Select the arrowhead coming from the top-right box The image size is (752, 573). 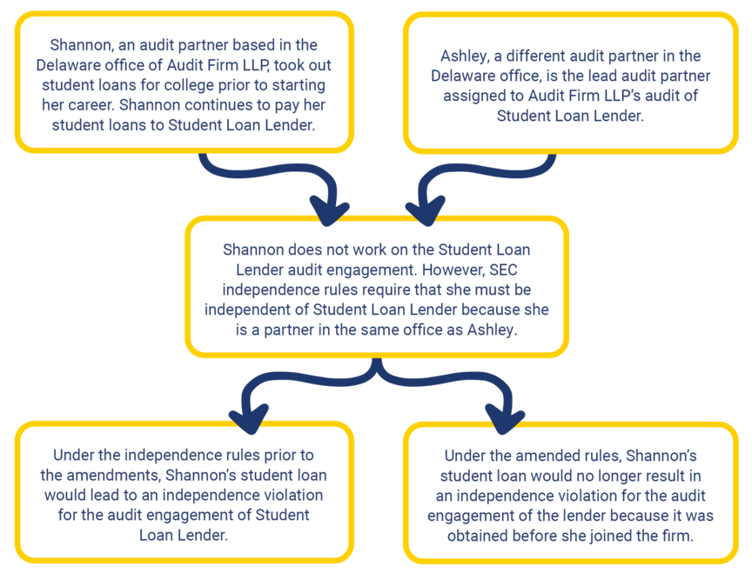426,212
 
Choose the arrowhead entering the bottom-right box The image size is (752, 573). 506,421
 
